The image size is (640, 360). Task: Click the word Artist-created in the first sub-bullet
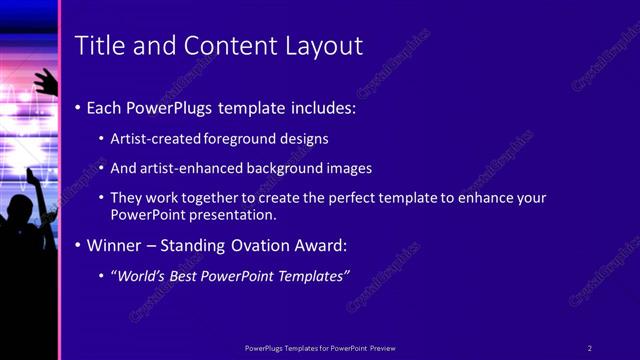coord(161,139)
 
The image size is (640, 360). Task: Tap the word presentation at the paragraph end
coord(237,214)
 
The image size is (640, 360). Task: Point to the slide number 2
coord(589,348)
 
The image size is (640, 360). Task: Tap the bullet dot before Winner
coord(78,246)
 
